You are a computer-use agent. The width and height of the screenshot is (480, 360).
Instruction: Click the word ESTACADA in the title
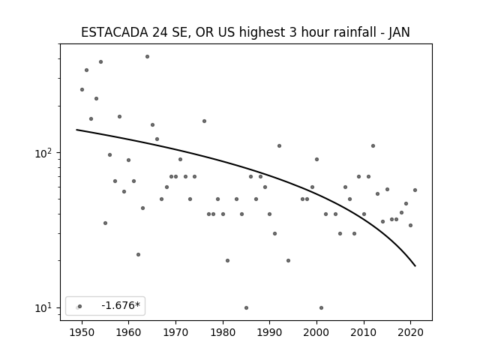tap(115, 32)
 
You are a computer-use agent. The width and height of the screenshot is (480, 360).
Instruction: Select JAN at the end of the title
tap(399, 32)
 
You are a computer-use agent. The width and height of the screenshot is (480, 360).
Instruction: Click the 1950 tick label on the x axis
tap(82, 332)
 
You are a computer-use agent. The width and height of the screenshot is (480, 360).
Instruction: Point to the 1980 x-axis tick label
tap(223, 332)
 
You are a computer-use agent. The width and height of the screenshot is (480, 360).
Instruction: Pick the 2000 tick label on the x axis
tap(316, 332)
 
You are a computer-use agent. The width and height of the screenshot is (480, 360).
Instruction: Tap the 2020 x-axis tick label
tap(410, 332)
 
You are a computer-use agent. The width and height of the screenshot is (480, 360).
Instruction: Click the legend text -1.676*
tap(121, 305)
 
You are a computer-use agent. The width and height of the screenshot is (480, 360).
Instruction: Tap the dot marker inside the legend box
tap(80, 306)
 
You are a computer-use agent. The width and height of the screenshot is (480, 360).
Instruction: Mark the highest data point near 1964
tap(147, 57)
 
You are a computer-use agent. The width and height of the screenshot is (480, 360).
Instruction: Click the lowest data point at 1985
tap(247, 307)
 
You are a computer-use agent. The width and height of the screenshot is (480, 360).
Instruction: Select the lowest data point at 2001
tap(321, 307)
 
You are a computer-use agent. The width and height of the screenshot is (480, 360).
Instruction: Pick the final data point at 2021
tap(415, 190)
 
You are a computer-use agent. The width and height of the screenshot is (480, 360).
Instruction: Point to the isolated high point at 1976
tap(204, 121)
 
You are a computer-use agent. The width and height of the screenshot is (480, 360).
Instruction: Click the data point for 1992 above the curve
tap(279, 145)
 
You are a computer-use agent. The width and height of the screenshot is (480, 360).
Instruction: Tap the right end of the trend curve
tap(415, 266)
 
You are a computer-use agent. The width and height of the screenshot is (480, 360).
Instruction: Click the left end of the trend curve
tap(76, 130)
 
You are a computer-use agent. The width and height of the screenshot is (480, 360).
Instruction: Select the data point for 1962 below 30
tap(138, 255)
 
